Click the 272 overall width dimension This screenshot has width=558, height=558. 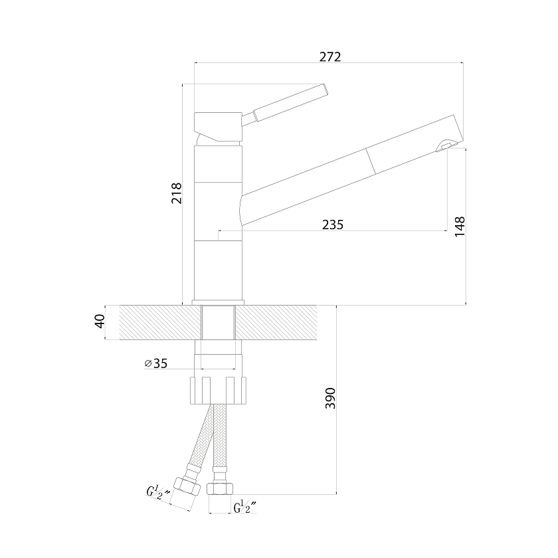[330, 57]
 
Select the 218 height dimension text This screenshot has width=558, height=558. [177, 193]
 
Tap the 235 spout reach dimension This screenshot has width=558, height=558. [333, 225]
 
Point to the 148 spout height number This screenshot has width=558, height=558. [460, 226]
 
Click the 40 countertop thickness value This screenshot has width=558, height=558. [100, 322]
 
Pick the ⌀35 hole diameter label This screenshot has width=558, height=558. [156, 363]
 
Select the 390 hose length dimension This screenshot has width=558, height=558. [331, 398]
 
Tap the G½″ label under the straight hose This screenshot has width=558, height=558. [245, 507]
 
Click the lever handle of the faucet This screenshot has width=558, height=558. [284, 104]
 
